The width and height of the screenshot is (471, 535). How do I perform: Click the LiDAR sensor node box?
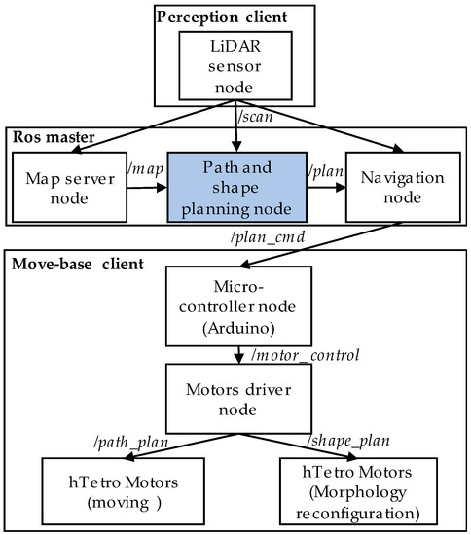coord(235,64)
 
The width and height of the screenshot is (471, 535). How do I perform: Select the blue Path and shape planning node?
coord(235,185)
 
